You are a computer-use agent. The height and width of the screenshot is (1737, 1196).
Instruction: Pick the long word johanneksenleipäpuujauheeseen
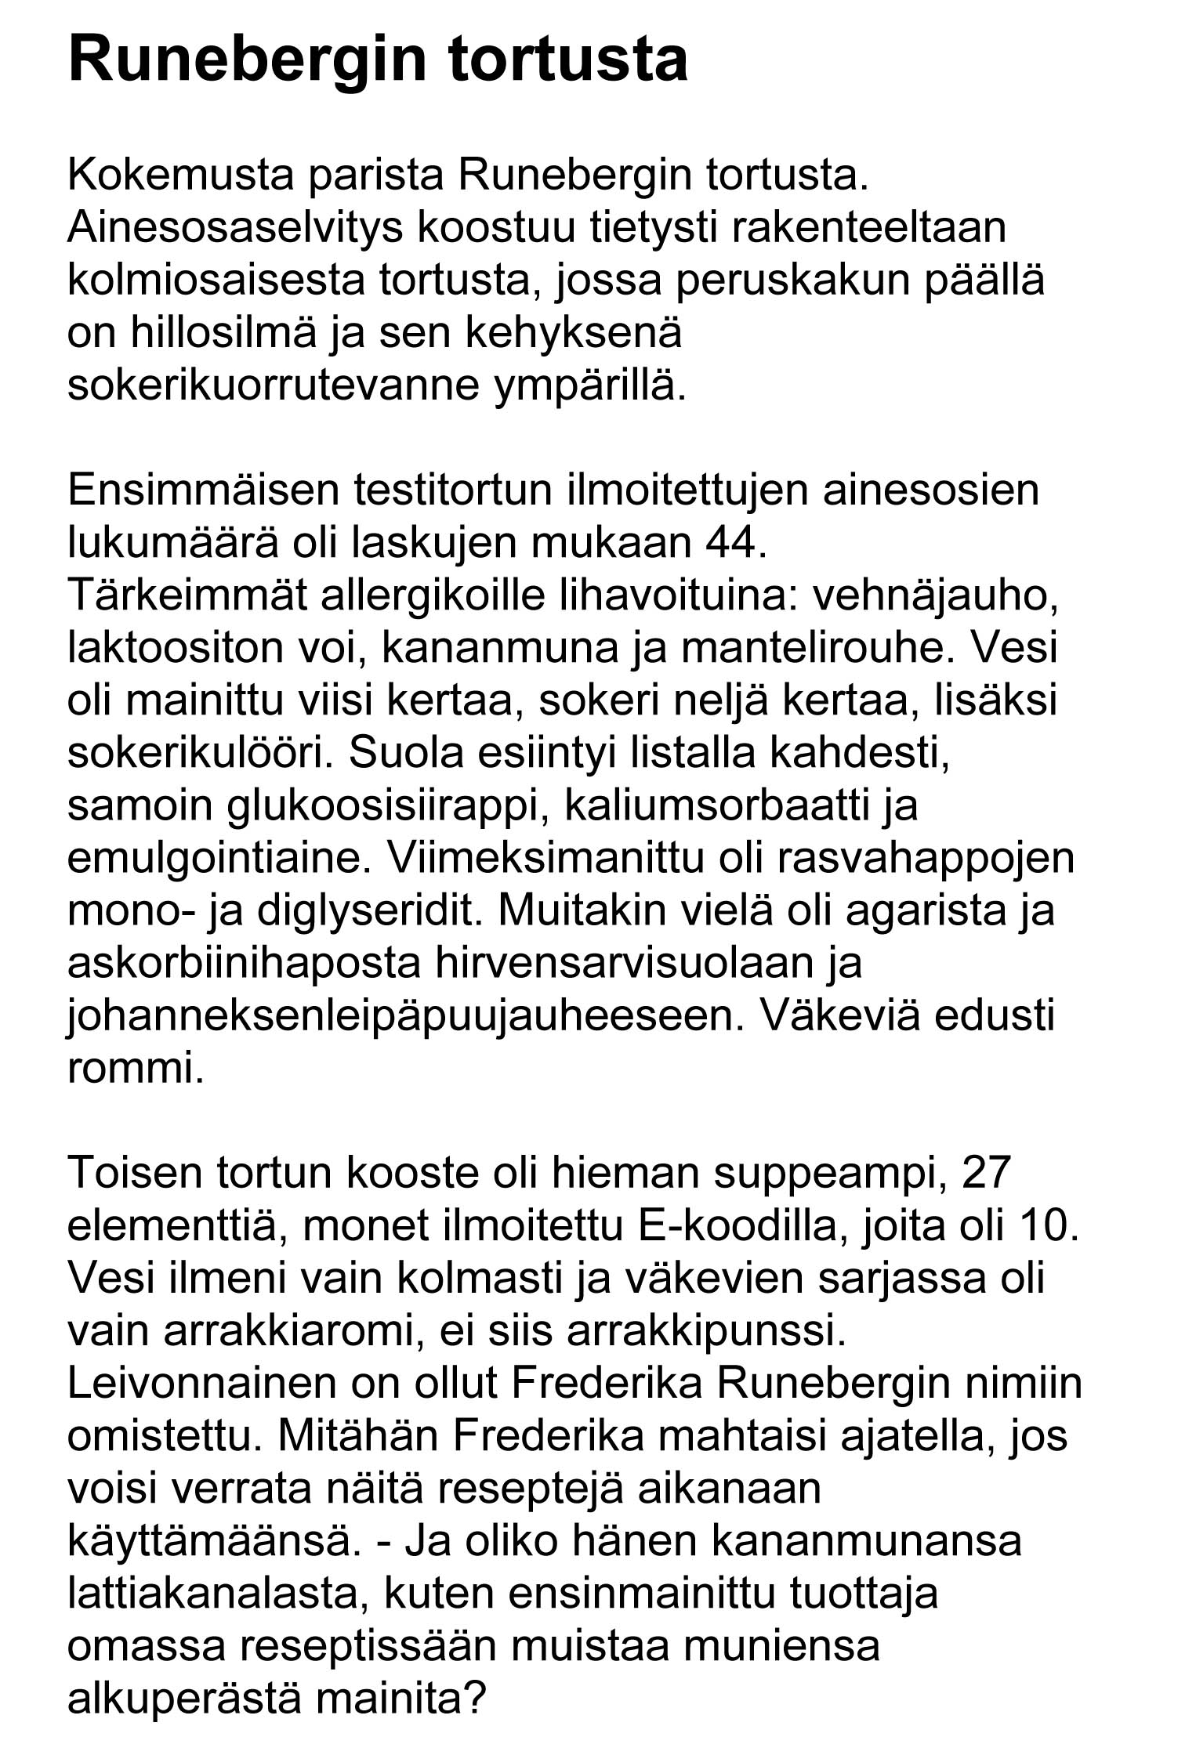pos(404,1016)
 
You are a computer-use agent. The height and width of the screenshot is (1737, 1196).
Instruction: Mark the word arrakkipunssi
pos(705,1331)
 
